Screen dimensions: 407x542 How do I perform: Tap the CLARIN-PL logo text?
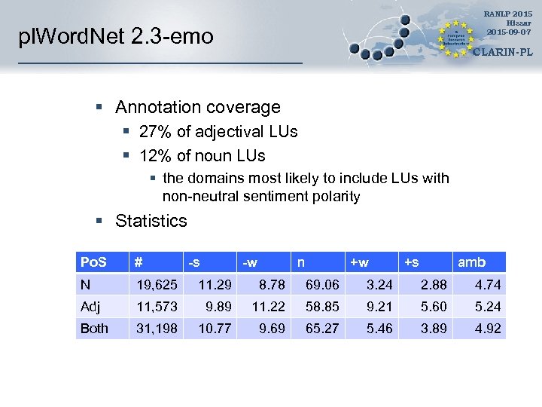coord(504,54)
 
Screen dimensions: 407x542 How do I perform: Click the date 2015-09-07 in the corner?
coord(509,32)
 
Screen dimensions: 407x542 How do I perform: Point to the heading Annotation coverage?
coord(197,107)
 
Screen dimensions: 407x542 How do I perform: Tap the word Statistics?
coord(151,221)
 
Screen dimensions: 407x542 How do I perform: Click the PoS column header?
coord(93,262)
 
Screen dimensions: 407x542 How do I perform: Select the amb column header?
coord(472,262)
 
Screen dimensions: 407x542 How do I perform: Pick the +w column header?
coord(359,262)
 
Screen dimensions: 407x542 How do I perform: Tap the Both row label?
coord(94,329)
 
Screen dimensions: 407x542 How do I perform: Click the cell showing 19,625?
coord(156,285)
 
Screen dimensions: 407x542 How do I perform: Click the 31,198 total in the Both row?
coord(156,329)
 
